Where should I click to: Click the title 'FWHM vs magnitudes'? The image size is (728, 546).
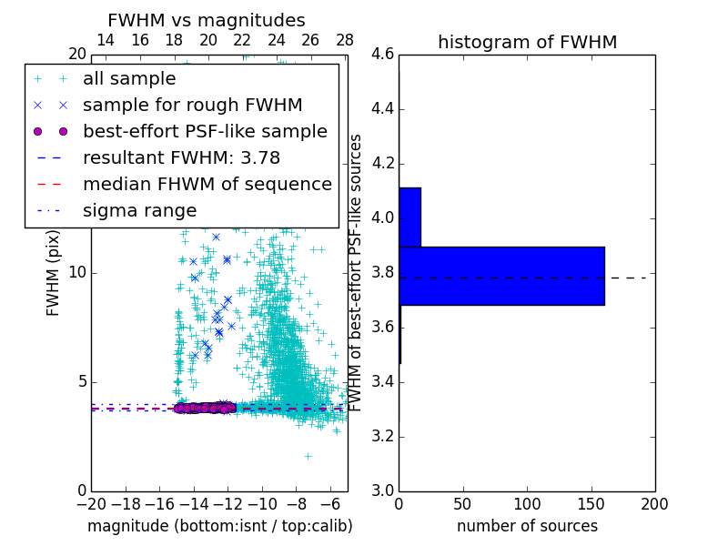pyautogui.click(x=207, y=20)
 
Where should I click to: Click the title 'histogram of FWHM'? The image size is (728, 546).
pyautogui.click(x=527, y=42)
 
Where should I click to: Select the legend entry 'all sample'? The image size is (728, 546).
pyautogui.click(x=129, y=79)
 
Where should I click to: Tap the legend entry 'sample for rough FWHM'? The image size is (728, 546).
pyautogui.click(x=192, y=106)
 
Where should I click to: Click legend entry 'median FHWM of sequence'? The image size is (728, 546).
pyautogui.click(x=207, y=184)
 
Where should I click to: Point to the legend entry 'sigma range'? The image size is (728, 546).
pyautogui.click(x=139, y=210)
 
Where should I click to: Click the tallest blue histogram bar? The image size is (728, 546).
pyautogui.click(x=501, y=276)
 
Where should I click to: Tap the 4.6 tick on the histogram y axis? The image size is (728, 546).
pyautogui.click(x=383, y=55)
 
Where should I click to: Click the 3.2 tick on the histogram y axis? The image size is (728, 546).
pyautogui.click(x=383, y=436)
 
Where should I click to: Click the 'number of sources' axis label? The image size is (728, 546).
pyautogui.click(x=527, y=526)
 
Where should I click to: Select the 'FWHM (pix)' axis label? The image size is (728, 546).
pyautogui.click(x=54, y=273)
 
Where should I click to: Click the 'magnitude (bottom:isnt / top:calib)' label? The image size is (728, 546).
pyautogui.click(x=219, y=526)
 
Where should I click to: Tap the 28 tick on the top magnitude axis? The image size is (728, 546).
pyautogui.click(x=345, y=40)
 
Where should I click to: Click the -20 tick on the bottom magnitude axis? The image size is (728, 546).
pyautogui.click(x=91, y=503)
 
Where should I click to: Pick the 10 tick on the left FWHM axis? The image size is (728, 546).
pyautogui.click(x=77, y=273)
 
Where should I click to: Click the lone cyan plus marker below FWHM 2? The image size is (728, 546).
pyautogui.click(x=308, y=456)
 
